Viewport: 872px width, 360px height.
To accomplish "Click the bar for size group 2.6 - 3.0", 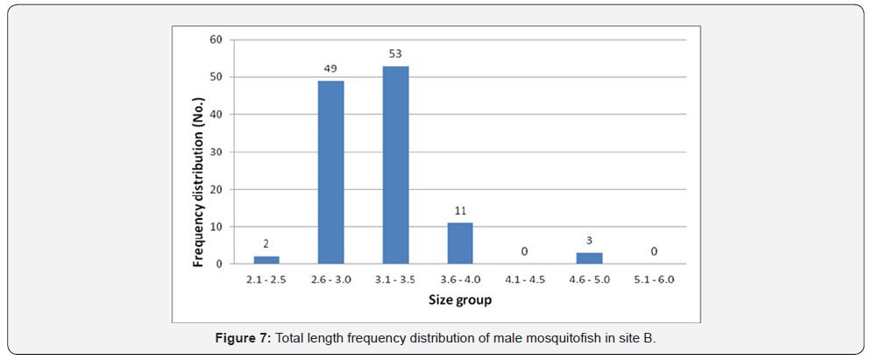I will [x=330, y=173].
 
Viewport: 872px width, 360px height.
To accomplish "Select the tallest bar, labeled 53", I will [x=395, y=165].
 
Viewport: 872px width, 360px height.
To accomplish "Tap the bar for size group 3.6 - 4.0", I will [x=460, y=244].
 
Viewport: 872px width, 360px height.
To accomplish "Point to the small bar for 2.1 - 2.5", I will [x=266, y=259].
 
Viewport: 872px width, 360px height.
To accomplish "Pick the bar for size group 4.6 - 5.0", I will [x=590, y=258].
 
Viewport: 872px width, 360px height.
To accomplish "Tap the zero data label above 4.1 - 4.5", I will [x=525, y=252].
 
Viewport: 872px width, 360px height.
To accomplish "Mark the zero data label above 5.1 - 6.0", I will [x=655, y=252].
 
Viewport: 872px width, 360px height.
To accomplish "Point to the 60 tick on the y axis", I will [x=216, y=39].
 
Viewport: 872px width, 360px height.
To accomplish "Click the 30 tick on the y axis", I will [x=216, y=152].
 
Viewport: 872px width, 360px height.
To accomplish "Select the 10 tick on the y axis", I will [x=216, y=226].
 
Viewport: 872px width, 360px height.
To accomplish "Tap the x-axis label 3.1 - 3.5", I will [x=395, y=279].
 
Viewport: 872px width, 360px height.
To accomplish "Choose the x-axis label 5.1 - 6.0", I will [x=655, y=279].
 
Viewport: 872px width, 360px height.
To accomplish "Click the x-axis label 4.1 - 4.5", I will [x=525, y=279].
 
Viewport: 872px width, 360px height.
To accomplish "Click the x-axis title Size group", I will [x=459, y=300].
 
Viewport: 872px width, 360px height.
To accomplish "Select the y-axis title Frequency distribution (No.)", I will [x=199, y=152].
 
